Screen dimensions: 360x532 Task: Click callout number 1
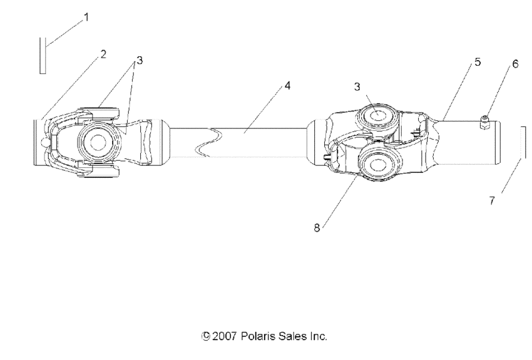pyautogui.click(x=86, y=18)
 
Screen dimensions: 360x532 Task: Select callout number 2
pyautogui.click(x=103, y=54)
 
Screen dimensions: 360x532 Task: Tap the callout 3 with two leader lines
pyautogui.click(x=139, y=61)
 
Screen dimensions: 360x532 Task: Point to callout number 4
pyautogui.click(x=287, y=85)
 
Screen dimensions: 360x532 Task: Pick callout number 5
pyautogui.click(x=478, y=63)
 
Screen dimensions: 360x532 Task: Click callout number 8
pyautogui.click(x=317, y=229)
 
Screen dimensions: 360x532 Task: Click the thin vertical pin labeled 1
pyautogui.click(x=43, y=55)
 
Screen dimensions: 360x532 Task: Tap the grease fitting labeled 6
pyautogui.click(x=484, y=123)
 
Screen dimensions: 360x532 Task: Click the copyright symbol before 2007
pyautogui.click(x=206, y=336)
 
